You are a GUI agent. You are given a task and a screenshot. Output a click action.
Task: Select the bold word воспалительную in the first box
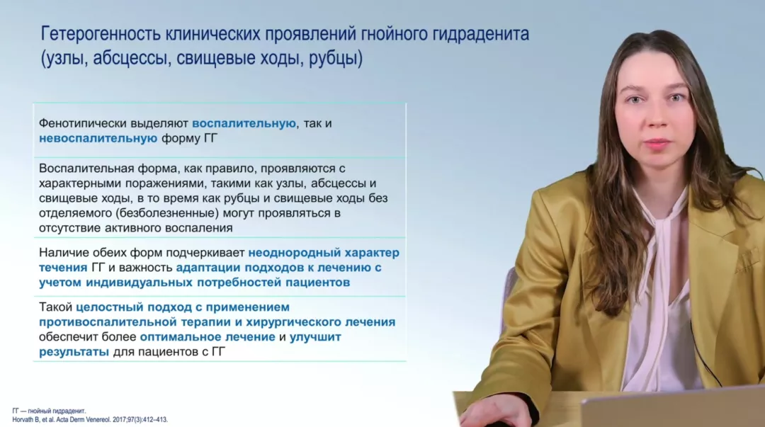[x=244, y=123]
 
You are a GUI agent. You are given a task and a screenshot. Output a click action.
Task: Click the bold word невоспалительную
[x=98, y=138]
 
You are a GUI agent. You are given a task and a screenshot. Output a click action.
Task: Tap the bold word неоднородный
[x=291, y=252]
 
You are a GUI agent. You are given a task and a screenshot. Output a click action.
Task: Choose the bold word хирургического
[x=295, y=321]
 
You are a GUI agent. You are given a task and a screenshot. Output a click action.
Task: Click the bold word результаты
[x=74, y=351]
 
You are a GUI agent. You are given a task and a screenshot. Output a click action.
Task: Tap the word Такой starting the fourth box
[x=55, y=307]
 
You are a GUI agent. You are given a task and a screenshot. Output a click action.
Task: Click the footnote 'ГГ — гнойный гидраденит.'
[x=49, y=411]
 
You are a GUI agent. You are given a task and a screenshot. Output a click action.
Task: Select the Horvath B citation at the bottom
[x=90, y=419]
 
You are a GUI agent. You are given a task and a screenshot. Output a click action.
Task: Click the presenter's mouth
[x=657, y=144]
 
